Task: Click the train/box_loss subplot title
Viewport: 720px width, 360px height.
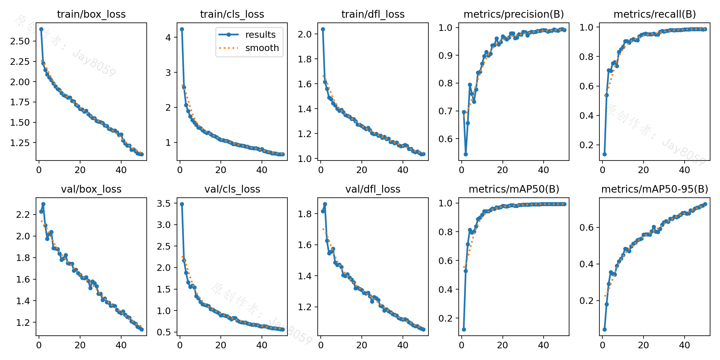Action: [x=91, y=14]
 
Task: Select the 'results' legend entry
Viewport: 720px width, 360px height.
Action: [x=260, y=34]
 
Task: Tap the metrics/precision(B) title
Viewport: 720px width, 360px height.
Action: [x=514, y=14]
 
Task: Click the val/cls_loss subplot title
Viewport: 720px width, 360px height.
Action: [x=232, y=189]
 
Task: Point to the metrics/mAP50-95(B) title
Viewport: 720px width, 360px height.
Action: [x=655, y=189]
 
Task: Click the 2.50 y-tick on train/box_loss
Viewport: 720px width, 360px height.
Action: [x=20, y=41]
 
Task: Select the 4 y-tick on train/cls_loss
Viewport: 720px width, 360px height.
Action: [x=168, y=37]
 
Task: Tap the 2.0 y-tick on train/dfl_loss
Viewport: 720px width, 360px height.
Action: [x=304, y=34]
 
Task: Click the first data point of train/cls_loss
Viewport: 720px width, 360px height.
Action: [x=182, y=29]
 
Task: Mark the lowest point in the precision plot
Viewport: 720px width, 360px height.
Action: [x=466, y=154]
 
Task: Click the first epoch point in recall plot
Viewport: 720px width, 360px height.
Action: [x=604, y=154]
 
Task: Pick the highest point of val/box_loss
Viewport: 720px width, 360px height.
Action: [x=43, y=204]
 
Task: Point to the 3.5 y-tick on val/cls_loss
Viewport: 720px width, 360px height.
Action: [x=163, y=203]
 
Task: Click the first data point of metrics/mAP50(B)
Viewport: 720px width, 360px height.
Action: [x=464, y=329]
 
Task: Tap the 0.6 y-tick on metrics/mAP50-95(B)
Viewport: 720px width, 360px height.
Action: [x=586, y=227]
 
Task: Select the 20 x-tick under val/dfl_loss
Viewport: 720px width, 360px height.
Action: [x=361, y=345]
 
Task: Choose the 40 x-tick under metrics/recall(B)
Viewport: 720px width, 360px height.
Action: [x=684, y=170]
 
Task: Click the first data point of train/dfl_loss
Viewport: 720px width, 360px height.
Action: [x=323, y=29]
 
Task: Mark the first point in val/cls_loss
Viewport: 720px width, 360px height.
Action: [x=182, y=204]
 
